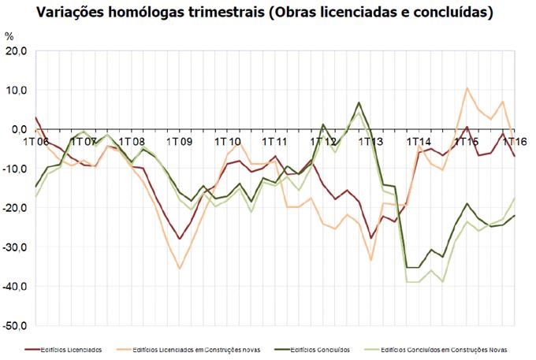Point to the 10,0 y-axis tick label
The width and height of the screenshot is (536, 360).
(16, 90)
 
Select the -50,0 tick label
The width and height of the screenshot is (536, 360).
(14, 325)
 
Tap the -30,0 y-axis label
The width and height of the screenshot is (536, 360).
(14, 247)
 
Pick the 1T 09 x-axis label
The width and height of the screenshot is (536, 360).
(180, 142)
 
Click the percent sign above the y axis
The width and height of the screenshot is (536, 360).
(9, 37)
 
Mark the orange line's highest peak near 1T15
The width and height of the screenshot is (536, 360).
(467, 88)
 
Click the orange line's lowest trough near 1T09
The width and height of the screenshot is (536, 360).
(180, 269)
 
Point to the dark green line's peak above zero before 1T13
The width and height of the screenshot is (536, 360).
(359, 102)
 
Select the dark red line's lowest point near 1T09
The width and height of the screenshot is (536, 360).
(180, 239)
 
